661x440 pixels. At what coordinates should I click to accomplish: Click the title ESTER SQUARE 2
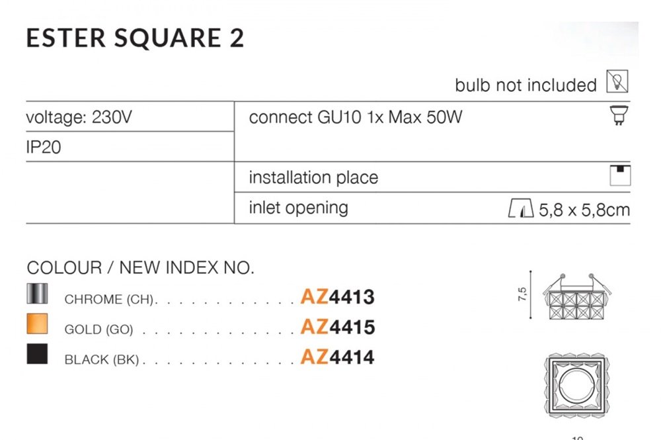[135, 38]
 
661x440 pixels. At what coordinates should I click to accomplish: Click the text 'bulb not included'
[525, 85]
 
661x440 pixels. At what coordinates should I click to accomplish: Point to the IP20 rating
[44, 147]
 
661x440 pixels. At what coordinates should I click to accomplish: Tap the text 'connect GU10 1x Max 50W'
[356, 118]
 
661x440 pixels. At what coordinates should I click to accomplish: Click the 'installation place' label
[313, 177]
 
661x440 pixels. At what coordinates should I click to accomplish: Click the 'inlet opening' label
[298, 207]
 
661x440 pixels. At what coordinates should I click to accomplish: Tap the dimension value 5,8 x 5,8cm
[584, 210]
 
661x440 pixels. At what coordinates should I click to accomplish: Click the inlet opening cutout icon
[520, 210]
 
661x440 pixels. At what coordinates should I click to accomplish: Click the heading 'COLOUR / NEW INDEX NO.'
[140, 268]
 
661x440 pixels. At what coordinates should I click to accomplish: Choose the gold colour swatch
[37, 324]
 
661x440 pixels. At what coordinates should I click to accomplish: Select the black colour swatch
[37, 355]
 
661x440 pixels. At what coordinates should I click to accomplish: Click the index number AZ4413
[337, 297]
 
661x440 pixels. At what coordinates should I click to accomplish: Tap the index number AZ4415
[337, 327]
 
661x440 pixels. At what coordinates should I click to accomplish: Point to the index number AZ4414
[337, 357]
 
